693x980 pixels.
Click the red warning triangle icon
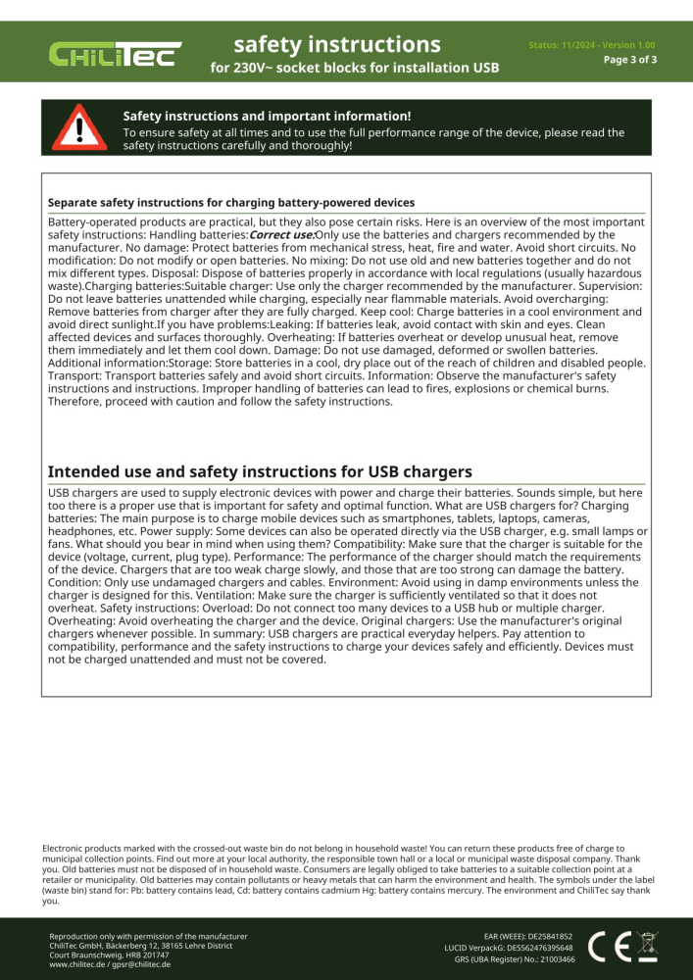(x=74, y=127)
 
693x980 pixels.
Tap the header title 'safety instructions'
(x=337, y=45)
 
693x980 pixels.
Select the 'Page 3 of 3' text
(x=629, y=60)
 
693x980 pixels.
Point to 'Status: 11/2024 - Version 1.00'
(x=591, y=45)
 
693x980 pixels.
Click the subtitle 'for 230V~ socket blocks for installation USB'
(x=354, y=69)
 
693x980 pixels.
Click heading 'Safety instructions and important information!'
(x=267, y=117)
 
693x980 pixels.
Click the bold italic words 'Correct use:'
(x=281, y=235)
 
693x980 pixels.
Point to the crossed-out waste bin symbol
(x=647, y=947)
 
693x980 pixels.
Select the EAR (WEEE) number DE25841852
(x=550, y=937)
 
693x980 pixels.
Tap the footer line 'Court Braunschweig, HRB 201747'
(x=109, y=955)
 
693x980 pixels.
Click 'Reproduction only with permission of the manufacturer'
(x=148, y=937)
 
